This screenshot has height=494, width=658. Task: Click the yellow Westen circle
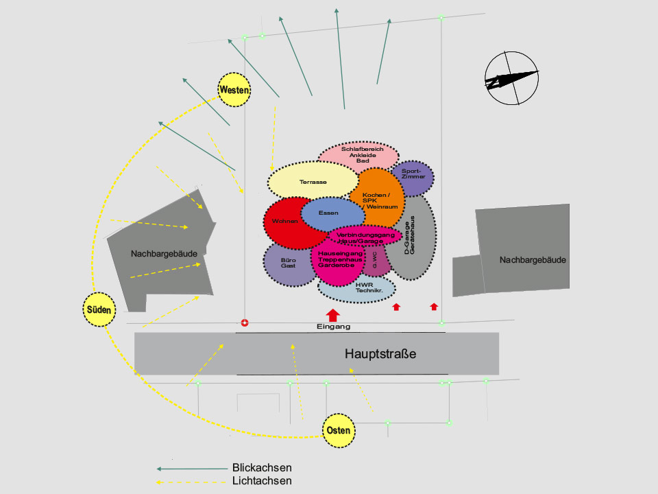coord(234,90)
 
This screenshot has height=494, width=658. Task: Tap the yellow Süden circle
coord(99,309)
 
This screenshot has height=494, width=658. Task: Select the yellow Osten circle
coord(339,431)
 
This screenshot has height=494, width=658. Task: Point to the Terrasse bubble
coord(312,181)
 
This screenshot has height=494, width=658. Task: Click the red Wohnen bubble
coord(284,222)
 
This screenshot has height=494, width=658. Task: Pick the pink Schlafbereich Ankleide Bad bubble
coord(358,154)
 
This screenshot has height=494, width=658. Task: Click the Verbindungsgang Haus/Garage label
coord(365,238)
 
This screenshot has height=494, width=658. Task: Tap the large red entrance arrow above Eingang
coord(333,315)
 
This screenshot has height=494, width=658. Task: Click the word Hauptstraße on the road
coord(380,355)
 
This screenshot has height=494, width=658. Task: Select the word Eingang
coord(334,327)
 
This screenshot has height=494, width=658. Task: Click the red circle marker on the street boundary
coord(245,322)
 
